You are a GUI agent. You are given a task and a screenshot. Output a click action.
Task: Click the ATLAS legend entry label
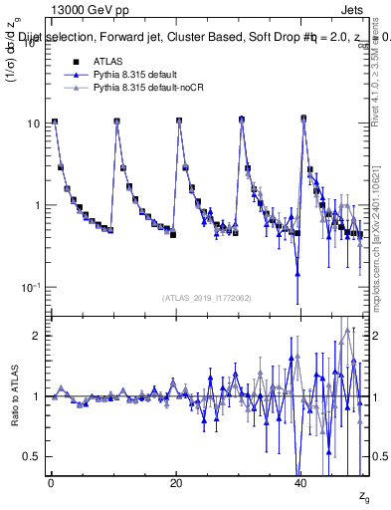point(107,61)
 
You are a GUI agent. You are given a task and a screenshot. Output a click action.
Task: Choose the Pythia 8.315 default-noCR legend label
point(153,89)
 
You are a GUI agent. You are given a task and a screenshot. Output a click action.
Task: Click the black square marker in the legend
point(75,61)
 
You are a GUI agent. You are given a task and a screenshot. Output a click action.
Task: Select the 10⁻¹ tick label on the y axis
point(31,287)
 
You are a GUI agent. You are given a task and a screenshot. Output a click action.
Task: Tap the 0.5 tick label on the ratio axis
point(33,456)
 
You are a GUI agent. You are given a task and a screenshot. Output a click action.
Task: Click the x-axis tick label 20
point(175,483)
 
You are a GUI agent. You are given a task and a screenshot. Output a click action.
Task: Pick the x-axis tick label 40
point(300,483)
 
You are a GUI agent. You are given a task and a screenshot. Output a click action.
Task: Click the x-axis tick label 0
point(51,483)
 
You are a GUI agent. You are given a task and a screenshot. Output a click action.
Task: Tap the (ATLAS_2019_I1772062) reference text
point(208,297)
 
